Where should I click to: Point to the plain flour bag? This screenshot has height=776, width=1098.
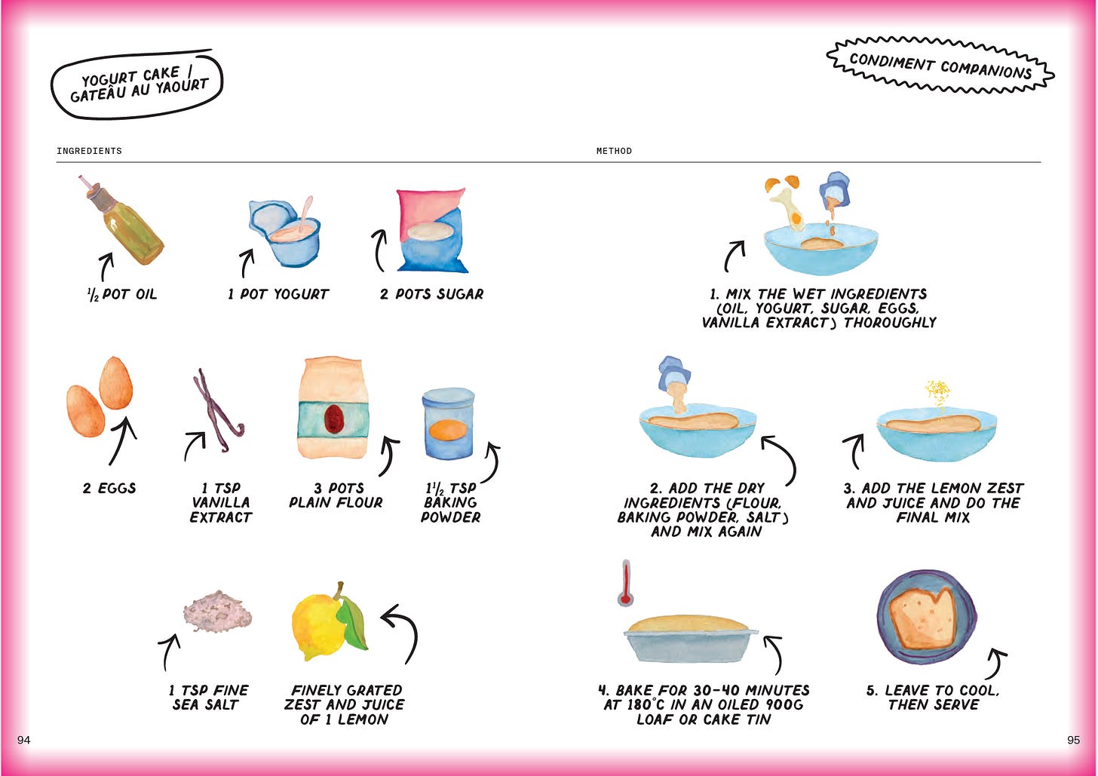tap(333, 408)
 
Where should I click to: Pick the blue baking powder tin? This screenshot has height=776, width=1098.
tap(448, 423)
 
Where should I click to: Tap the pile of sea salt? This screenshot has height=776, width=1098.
tap(218, 611)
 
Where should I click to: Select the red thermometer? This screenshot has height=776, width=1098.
tap(625, 584)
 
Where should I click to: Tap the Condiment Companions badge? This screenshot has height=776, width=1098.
tap(940, 65)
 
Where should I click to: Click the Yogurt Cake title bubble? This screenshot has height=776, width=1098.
tap(137, 84)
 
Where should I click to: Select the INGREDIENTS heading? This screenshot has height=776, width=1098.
tap(89, 151)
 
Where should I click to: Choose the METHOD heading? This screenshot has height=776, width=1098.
tap(614, 151)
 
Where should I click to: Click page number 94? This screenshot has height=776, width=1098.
tap(23, 741)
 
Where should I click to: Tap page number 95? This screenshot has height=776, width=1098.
tap(1074, 741)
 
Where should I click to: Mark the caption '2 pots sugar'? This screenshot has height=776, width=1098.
tap(431, 294)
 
